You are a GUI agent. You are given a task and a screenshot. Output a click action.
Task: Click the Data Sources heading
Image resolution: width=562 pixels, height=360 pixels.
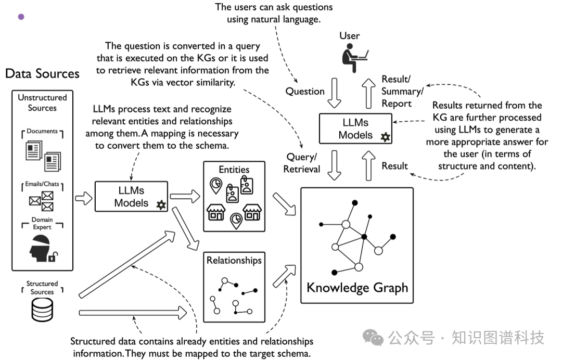(42, 73)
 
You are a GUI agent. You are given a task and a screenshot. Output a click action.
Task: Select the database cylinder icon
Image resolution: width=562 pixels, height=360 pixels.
(42, 310)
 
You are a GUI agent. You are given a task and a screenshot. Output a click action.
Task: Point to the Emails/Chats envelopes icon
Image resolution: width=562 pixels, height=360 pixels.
(42, 200)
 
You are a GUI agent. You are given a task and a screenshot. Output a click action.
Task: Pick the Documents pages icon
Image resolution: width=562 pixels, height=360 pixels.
(43, 156)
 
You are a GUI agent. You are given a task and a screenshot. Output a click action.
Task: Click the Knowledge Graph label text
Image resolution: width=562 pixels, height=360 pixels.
(357, 288)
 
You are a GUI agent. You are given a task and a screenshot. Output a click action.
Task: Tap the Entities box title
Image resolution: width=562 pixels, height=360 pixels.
(234, 170)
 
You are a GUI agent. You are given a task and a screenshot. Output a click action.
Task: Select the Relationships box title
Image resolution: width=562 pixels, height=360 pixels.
(234, 260)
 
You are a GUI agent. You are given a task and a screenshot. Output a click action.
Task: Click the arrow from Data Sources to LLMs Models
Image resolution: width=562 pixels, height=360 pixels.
(83, 198)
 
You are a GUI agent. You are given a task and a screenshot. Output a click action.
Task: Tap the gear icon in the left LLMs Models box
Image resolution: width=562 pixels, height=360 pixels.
(161, 204)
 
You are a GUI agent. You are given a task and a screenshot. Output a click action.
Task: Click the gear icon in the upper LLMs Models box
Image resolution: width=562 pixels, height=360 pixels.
(386, 137)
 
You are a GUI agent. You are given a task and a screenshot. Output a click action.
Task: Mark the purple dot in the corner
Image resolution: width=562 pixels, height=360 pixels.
(21, 17)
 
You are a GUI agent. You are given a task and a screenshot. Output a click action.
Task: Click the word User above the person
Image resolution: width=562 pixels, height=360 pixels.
(349, 36)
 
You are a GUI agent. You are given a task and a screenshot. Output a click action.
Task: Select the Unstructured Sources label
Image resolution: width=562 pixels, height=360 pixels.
(42, 102)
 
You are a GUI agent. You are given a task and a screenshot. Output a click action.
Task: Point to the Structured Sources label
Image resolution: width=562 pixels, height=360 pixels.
(42, 288)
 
